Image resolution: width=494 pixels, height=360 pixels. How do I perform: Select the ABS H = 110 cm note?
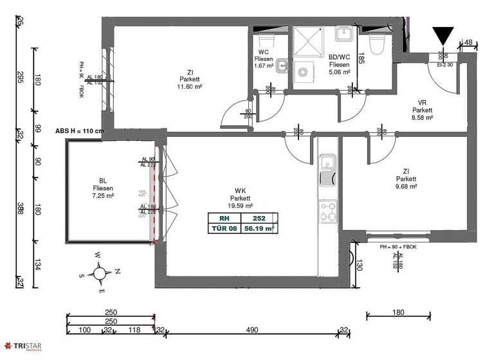80,130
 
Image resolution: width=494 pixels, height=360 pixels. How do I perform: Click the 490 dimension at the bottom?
252,330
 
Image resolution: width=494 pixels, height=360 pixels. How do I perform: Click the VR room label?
423,102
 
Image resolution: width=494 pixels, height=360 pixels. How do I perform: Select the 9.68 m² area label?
405,186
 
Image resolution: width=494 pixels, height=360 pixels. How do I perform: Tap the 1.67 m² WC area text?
264,66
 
